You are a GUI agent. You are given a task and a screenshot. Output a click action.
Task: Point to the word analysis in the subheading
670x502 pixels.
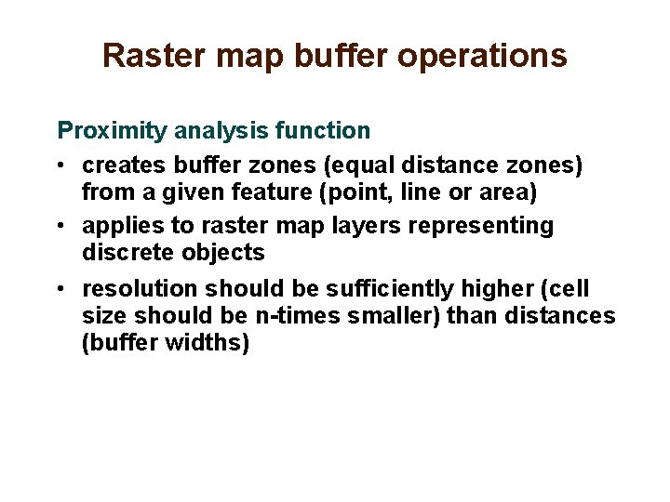[x=213, y=131]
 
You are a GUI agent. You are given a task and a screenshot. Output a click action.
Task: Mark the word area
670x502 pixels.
[x=515, y=192]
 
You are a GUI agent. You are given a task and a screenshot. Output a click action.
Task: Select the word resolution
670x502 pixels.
[x=139, y=289]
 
